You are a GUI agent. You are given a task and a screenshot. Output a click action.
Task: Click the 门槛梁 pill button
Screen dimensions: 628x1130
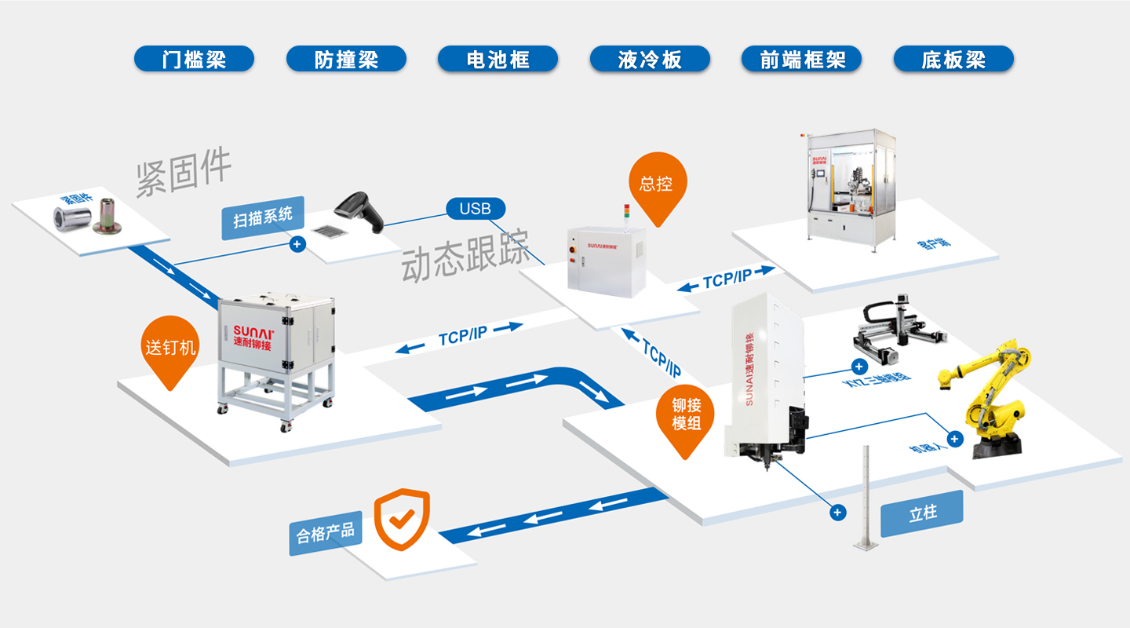coord(194,59)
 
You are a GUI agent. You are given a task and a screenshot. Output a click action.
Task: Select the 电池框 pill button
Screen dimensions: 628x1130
coord(498,59)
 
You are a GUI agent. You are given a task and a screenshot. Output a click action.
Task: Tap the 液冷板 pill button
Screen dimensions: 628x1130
coord(650,59)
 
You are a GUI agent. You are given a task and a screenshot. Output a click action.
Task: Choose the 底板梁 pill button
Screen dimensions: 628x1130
coord(953,59)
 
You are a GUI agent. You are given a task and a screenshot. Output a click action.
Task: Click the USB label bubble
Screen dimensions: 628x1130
coord(475,208)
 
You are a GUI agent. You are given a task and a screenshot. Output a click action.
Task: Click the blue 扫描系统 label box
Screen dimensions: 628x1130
coord(262,217)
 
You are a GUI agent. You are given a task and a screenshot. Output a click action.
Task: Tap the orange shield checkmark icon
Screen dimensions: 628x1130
coord(401,519)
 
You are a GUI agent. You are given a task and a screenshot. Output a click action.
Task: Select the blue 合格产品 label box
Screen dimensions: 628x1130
coord(325,533)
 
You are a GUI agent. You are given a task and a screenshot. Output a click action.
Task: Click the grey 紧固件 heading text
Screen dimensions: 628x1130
coord(184,171)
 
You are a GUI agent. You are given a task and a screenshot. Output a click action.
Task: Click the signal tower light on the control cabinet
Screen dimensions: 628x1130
coord(626,214)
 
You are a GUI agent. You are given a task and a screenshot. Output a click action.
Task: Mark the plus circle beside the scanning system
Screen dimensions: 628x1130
coord(297,244)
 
